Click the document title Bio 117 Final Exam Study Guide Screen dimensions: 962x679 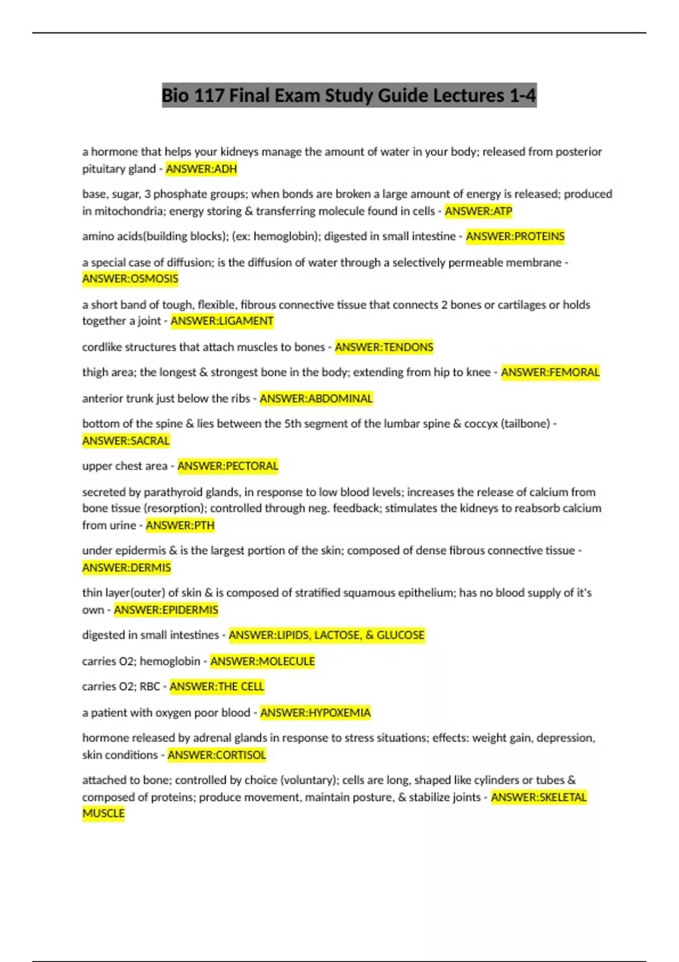(x=349, y=95)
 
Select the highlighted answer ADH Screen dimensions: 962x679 (x=201, y=169)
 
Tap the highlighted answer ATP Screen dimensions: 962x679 (x=478, y=211)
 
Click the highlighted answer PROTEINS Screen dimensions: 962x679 (x=515, y=236)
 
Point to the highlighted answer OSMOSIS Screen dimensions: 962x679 (x=130, y=278)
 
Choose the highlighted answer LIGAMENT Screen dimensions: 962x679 (x=222, y=321)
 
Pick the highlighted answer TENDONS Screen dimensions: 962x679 (x=384, y=347)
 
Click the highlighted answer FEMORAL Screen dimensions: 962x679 (x=550, y=372)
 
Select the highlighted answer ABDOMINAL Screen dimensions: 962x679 (x=316, y=398)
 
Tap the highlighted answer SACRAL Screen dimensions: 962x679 (x=126, y=440)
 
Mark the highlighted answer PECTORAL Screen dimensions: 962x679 (x=227, y=466)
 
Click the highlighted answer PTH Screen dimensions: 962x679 (x=180, y=525)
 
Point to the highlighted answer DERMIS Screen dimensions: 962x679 (x=126, y=567)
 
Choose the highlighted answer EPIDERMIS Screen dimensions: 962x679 (x=166, y=609)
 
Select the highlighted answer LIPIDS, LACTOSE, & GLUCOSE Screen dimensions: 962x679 (x=326, y=635)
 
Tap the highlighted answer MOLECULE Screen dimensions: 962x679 (x=263, y=661)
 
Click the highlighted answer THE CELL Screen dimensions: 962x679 (x=217, y=686)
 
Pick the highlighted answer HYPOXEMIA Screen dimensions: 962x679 (x=315, y=712)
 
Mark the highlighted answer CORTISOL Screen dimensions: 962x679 (x=216, y=755)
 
